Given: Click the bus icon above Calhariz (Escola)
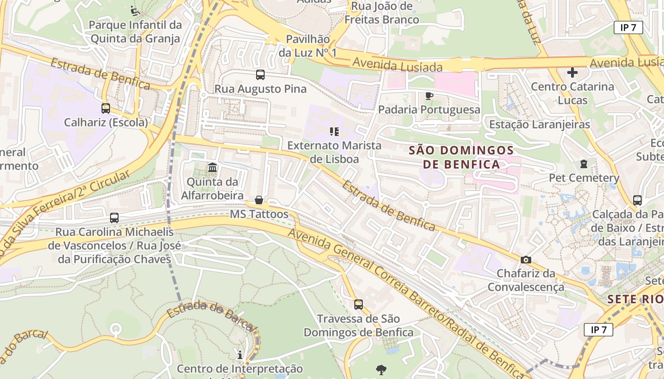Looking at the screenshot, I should (106, 108).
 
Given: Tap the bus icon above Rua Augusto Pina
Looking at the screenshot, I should (260, 74).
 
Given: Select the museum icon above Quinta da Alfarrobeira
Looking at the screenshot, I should (212, 167).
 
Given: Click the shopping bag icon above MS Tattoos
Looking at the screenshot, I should (259, 200).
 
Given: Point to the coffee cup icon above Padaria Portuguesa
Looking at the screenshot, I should (429, 96).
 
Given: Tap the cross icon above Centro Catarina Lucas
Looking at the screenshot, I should (572, 72).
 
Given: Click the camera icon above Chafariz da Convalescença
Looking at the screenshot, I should (526, 260).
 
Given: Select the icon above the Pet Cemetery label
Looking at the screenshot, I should (583, 164).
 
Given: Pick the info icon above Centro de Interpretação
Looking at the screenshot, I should (240, 355).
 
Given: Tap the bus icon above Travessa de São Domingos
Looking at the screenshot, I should (359, 304).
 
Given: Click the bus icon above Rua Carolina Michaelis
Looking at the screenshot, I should (114, 218).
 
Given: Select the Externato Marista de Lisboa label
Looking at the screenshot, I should (334, 152).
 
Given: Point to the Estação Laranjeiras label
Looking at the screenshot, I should (539, 125).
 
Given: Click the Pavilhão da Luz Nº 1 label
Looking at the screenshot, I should (307, 46).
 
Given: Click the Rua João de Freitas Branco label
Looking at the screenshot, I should (381, 13).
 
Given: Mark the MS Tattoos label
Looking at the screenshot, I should (259, 214).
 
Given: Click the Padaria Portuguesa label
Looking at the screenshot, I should (429, 110).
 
